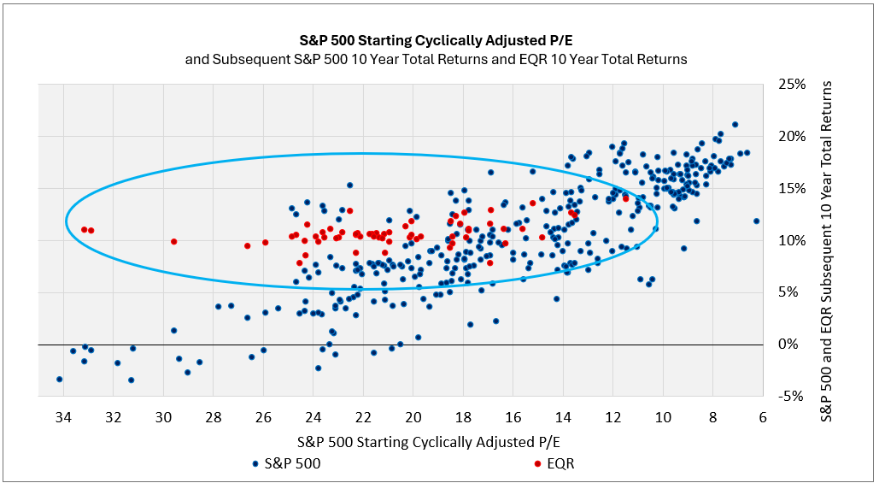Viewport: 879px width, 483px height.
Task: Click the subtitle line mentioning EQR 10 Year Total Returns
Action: [x=436, y=60]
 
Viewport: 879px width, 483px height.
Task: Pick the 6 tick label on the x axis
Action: [x=763, y=417]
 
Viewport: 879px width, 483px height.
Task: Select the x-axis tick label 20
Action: [x=413, y=417]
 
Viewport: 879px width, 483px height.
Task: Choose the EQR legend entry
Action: [x=560, y=463]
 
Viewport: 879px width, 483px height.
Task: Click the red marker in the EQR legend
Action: [x=537, y=464]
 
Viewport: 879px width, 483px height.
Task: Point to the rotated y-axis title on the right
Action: [x=827, y=240]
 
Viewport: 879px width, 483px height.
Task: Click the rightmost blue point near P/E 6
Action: [x=756, y=221]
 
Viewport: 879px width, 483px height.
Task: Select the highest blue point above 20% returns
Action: [x=735, y=125]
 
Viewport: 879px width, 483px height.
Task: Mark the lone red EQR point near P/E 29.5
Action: [x=173, y=242]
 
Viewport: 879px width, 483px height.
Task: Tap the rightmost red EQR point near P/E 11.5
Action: [x=625, y=198]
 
